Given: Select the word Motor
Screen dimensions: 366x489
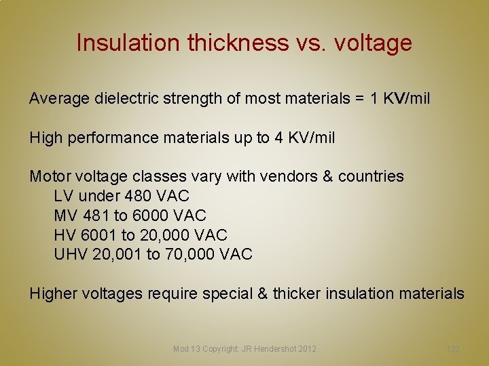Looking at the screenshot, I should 49,177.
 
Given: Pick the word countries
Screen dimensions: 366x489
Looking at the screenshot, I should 370,177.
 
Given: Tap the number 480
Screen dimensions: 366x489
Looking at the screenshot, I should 138,197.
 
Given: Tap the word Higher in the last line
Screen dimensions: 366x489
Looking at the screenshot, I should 52,294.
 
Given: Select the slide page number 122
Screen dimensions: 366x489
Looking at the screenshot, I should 452,349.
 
